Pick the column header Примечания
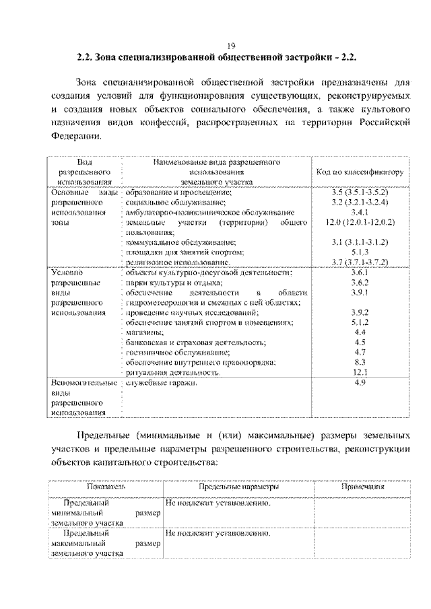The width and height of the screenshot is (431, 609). pyautogui.click(x=362, y=486)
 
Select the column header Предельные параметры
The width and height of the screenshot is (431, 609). pyautogui.click(x=239, y=486)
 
